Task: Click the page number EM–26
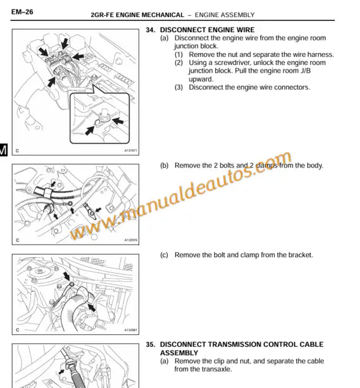click(x=22, y=12)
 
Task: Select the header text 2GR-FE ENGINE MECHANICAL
click(x=137, y=14)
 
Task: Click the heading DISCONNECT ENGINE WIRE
click(x=207, y=30)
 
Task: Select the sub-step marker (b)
click(x=164, y=166)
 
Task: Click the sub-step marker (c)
click(x=164, y=255)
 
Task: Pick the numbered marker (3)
click(x=180, y=87)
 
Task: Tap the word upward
click(x=201, y=79)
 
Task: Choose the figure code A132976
click(x=130, y=240)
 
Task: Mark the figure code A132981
click(x=130, y=330)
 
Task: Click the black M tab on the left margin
click(x=3, y=150)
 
